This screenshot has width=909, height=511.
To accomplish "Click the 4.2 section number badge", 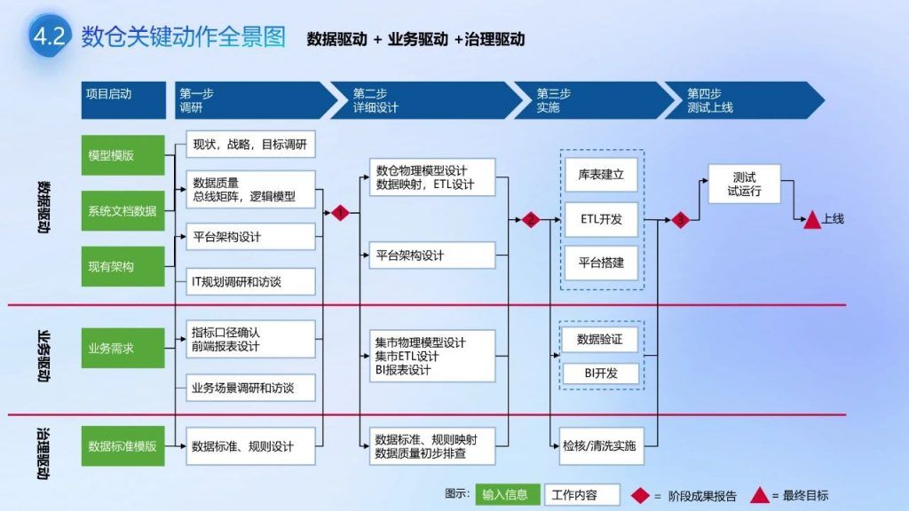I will (x=48, y=36).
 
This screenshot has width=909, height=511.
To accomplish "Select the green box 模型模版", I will (x=123, y=155).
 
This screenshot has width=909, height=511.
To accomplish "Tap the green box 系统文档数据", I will (x=123, y=211).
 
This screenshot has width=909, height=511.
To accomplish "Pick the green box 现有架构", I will (x=123, y=266).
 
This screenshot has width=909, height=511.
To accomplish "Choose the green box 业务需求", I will (x=123, y=349).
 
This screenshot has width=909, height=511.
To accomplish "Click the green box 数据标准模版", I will (x=123, y=446).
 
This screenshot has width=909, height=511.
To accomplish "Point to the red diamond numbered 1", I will (x=340, y=213).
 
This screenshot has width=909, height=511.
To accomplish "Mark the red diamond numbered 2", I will (x=531, y=219).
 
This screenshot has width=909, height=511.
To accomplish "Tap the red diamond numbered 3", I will (x=681, y=219).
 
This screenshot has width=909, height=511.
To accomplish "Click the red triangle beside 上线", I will (x=811, y=220).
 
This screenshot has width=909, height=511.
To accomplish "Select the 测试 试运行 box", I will (x=744, y=184).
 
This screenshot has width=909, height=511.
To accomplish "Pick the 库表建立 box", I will (x=602, y=175).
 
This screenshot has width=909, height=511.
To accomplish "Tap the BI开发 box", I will (x=601, y=373).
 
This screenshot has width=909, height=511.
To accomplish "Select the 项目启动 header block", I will (x=123, y=100).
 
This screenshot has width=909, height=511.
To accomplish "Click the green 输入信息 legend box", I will (x=505, y=495).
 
